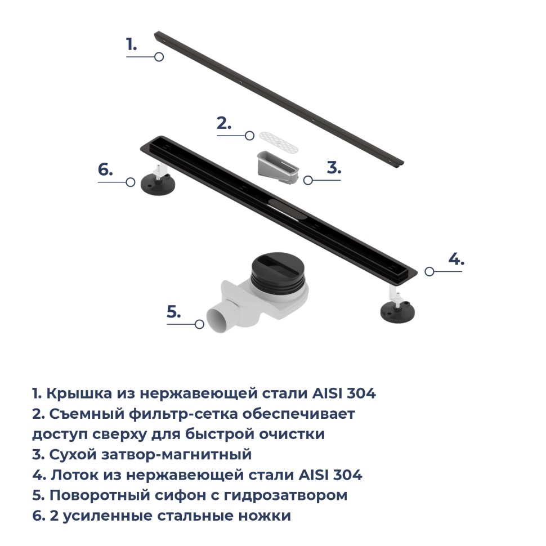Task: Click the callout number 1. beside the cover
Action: (131, 44)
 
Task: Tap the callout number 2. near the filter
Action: (224, 124)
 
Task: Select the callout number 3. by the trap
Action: (334, 168)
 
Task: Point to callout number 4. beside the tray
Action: (456, 259)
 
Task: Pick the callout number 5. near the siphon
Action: (173, 312)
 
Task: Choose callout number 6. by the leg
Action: (105, 170)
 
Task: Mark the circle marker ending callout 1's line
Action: (159, 57)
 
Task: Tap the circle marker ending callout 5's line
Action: (199, 324)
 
